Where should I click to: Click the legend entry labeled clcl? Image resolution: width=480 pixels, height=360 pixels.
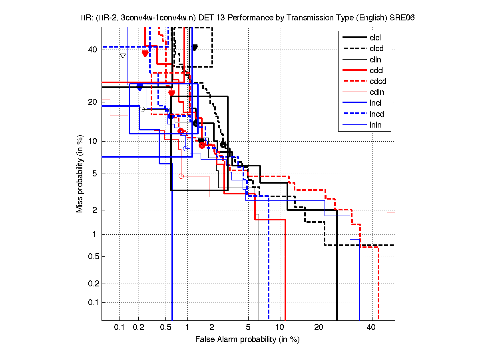(x=375, y=38)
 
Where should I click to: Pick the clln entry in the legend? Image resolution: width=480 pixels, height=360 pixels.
(x=375, y=60)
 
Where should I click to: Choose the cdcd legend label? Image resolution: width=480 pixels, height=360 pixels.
(x=378, y=81)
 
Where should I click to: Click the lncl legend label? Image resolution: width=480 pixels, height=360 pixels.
(x=375, y=103)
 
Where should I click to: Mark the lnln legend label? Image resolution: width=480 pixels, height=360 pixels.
(x=375, y=125)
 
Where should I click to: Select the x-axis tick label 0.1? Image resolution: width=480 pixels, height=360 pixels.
(x=120, y=327)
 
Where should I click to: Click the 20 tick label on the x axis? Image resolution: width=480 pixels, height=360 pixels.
(x=319, y=327)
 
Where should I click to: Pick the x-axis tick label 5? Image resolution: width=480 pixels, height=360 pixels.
(x=248, y=327)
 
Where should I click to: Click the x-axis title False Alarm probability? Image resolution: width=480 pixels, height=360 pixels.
(x=247, y=340)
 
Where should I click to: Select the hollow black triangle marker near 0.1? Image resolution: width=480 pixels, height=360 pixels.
(x=123, y=56)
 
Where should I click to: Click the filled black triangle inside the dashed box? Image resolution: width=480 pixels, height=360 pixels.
(x=195, y=48)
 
